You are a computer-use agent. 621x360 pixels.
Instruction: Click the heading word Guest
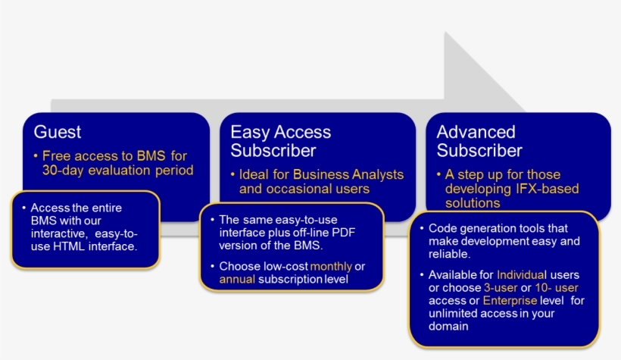click(58, 132)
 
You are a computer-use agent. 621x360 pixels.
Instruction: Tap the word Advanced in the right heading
click(476, 132)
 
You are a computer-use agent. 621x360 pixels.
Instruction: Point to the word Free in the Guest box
click(57, 155)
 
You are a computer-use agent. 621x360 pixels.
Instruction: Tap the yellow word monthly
click(331, 266)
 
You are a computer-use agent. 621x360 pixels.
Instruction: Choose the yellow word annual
click(238, 279)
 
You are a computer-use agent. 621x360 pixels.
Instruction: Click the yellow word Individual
click(522, 274)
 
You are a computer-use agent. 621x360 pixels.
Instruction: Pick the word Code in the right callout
click(442, 228)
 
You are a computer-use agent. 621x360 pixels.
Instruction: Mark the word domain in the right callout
click(448, 327)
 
